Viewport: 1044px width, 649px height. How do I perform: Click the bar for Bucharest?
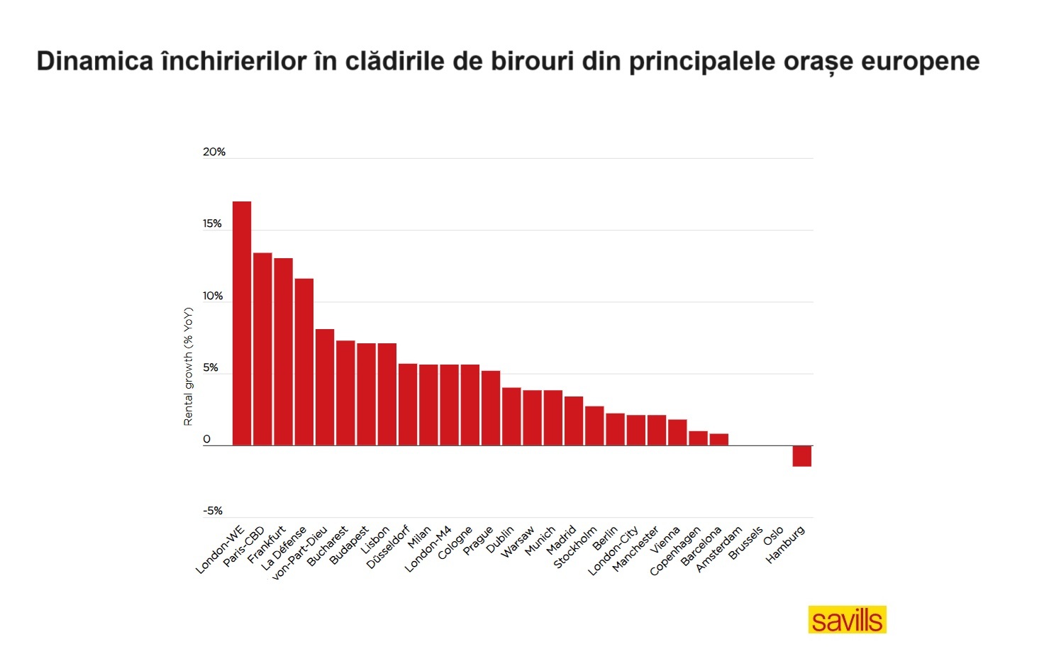pyautogui.click(x=345, y=393)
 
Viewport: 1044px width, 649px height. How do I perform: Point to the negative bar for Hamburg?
pyautogui.click(x=801, y=456)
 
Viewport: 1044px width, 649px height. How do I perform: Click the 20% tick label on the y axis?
pyautogui.click(x=213, y=152)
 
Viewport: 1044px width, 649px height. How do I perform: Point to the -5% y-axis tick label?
pyautogui.click(x=212, y=511)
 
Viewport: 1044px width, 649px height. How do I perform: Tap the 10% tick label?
pyautogui.click(x=213, y=296)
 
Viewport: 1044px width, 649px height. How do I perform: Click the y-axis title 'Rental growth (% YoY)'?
pyautogui.click(x=188, y=366)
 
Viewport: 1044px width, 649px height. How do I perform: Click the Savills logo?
pyautogui.click(x=847, y=620)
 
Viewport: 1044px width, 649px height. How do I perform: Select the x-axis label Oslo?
pyautogui.click(x=774, y=536)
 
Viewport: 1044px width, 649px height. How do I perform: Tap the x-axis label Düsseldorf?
pyautogui.click(x=388, y=547)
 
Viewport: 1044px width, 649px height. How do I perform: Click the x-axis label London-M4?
pyautogui.click(x=428, y=550)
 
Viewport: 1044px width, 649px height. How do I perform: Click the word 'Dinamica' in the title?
pyautogui.click(x=94, y=61)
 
